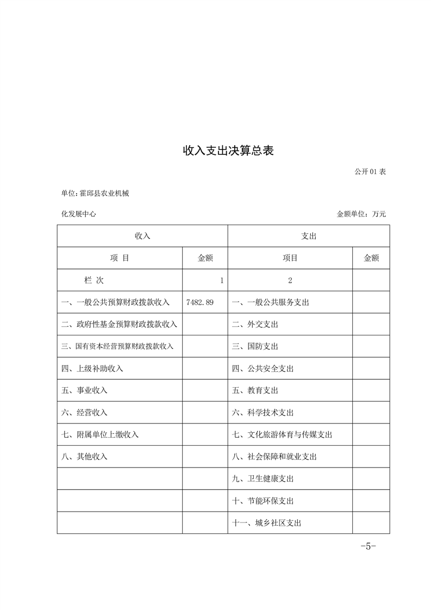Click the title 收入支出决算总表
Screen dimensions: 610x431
pyautogui.click(x=228, y=151)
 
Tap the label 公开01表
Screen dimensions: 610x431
pyautogui.click(x=370, y=171)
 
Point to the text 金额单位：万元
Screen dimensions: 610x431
pyautogui.click(x=361, y=214)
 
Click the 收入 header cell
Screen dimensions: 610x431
pyautogui.click(x=142, y=236)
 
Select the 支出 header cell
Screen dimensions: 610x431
pyautogui.click(x=308, y=236)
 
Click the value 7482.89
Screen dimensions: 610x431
pyautogui.click(x=199, y=302)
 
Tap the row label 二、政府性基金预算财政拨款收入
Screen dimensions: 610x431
pyautogui.click(x=119, y=325)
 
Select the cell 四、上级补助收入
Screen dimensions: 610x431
pyautogui.click(x=92, y=369)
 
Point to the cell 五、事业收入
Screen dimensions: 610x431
pyautogui.click(x=85, y=390)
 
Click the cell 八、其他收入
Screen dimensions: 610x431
pyautogui.click(x=85, y=457)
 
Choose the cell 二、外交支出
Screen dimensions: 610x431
pyautogui.click(x=255, y=325)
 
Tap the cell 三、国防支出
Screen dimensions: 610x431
pyautogui.click(x=255, y=346)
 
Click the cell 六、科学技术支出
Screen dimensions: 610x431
pyautogui.click(x=263, y=413)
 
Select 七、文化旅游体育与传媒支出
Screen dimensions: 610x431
pyautogui.click(x=282, y=434)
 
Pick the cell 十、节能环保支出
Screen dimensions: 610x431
pyautogui.click(x=263, y=501)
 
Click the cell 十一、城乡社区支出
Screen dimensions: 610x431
pyautogui.click(x=266, y=523)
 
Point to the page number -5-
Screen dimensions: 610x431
pyautogui.click(x=368, y=546)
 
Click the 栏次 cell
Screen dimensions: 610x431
pyautogui.click(x=93, y=281)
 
